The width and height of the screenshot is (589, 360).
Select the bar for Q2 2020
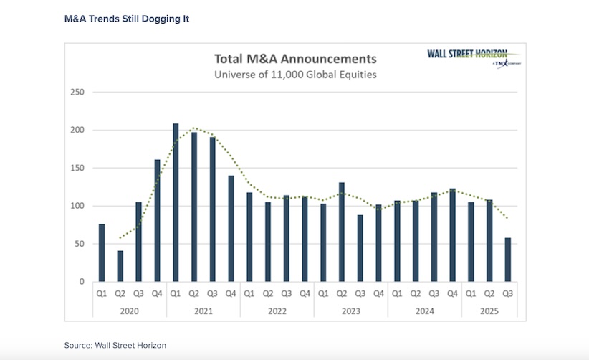(120, 266)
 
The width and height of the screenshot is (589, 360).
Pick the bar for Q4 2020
(157, 221)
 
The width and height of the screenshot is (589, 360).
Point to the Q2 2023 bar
(341, 232)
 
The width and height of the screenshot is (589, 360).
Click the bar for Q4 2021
(231, 229)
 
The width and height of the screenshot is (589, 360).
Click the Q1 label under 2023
(322, 293)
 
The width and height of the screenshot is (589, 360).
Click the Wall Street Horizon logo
(466, 57)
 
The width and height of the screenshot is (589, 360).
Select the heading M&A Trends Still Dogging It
(127, 18)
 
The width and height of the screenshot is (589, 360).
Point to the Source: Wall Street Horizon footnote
(115, 345)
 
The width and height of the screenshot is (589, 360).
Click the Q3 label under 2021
(212, 293)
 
